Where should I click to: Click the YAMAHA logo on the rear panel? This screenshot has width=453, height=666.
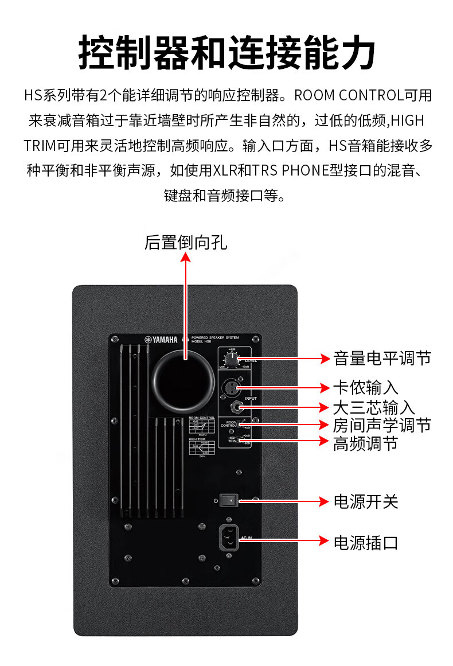coord(163,339)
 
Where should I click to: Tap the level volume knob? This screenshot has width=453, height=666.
coord(231,360)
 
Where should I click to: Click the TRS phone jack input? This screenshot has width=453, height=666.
coord(236,407)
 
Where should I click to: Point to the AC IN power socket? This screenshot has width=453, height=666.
coord(228,539)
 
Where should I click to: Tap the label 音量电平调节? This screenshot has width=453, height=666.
coord(381,359)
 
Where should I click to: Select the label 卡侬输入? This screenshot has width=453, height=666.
coord(365,388)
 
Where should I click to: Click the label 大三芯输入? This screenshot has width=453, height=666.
coord(373,407)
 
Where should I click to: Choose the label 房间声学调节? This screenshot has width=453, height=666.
coord(381,425)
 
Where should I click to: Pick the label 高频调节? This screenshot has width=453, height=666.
coord(365,442)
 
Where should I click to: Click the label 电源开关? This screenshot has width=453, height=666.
coord(365,501)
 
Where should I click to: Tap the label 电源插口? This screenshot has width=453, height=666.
coord(365,542)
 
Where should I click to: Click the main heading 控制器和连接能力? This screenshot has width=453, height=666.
coord(226,52)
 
